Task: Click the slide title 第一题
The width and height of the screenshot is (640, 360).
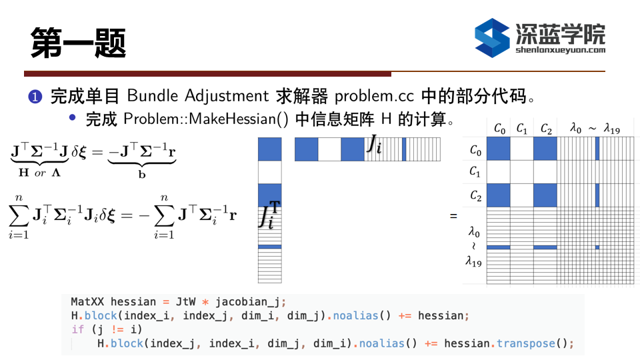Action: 78,43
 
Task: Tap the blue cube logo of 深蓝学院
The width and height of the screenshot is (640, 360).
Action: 492,37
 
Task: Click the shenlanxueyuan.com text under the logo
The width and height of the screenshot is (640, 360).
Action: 561,50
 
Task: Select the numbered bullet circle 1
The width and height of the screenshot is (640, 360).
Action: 35,97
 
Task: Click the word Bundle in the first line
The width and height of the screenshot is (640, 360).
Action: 152,96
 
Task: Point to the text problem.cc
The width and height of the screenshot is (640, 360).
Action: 374,97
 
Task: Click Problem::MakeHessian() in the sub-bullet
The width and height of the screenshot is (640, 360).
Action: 206,119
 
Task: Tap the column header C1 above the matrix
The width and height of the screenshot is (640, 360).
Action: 521,129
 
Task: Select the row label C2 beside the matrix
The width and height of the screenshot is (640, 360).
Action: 475,195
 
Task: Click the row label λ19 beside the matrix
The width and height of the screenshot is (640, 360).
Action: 473,261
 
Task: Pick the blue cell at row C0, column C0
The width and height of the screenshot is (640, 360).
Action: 499,149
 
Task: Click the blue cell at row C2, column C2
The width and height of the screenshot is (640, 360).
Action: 545,195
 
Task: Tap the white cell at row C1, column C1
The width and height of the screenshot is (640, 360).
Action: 521,172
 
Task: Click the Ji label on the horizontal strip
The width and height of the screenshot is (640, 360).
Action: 374,144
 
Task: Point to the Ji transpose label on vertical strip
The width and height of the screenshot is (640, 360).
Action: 269,215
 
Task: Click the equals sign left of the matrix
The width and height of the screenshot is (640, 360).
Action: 453,216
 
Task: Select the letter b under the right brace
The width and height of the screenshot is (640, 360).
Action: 141,174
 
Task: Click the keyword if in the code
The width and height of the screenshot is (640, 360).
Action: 77,329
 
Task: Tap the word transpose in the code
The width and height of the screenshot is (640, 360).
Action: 526,344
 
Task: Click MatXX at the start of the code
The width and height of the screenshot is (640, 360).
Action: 87,301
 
